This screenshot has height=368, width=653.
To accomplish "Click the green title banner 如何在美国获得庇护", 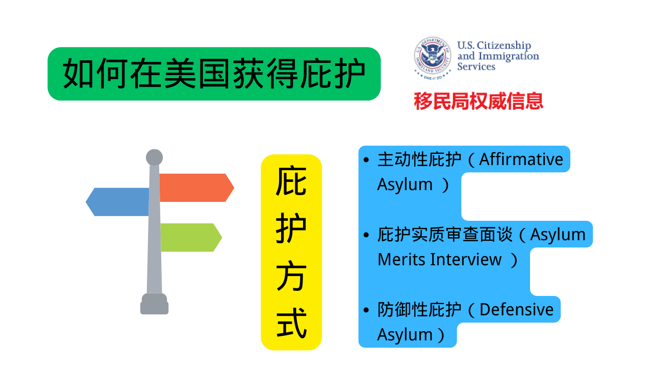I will pos(214,74).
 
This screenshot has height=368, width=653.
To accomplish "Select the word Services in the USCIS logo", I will pos(476,66).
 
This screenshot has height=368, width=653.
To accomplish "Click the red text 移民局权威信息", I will pos(479,101).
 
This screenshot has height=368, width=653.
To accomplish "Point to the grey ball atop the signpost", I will pos(154,157).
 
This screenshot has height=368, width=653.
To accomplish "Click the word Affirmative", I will pos(521,159).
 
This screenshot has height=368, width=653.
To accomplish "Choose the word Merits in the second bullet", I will pos(401,260).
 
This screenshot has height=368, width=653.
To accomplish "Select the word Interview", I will pos(465,260).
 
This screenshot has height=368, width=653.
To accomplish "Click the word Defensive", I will pos(516,310).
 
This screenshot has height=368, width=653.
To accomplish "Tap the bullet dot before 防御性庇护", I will pos(366,310).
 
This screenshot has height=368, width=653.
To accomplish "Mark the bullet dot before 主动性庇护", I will pos(366,160).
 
